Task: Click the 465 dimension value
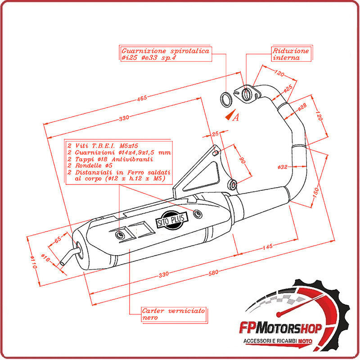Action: click(x=142, y=99)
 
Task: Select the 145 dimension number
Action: click(x=267, y=247)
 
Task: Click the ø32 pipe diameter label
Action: click(x=283, y=167)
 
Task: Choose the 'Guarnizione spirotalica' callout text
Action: click(x=166, y=54)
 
